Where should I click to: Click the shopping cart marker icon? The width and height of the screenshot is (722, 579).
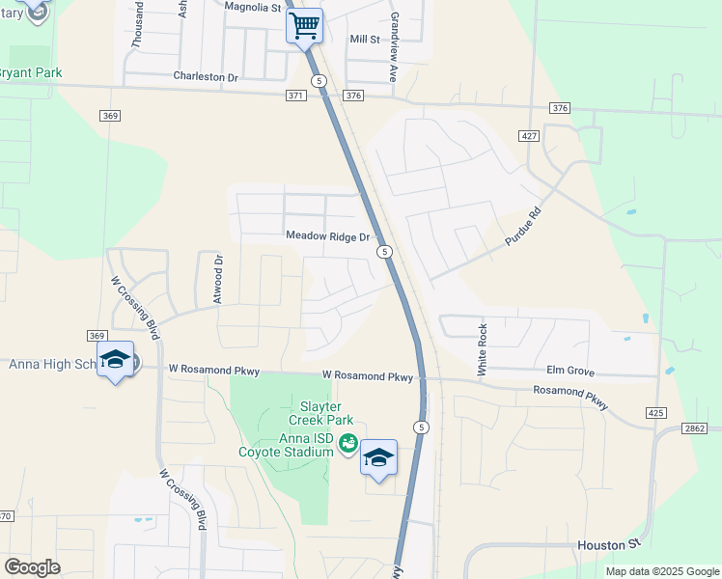pyautogui.click(x=305, y=25)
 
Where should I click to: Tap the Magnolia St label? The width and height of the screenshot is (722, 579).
pyautogui.click(x=252, y=7)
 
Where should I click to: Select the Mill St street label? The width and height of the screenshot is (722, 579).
pyautogui.click(x=365, y=39)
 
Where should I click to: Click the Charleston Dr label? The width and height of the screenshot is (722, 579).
pyautogui.click(x=206, y=76)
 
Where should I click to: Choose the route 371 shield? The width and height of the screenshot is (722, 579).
pyautogui.click(x=296, y=96)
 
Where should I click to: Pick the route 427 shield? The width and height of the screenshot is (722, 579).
pyautogui.click(x=528, y=136)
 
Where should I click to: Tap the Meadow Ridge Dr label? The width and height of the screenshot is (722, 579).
pyautogui.click(x=328, y=236)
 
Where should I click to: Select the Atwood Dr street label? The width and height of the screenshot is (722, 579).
pyautogui.click(x=218, y=278)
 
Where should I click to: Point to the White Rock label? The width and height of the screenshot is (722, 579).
pyautogui.click(x=483, y=349)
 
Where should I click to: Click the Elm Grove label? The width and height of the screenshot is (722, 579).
pyautogui.click(x=569, y=370)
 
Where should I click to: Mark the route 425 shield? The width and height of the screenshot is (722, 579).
pyautogui.click(x=656, y=413)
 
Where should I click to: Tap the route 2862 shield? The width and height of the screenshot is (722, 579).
pyautogui.click(x=694, y=427)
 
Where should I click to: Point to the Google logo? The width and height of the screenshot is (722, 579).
pyautogui.click(x=32, y=567)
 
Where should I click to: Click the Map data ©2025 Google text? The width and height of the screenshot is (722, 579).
pyautogui.click(x=661, y=571)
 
